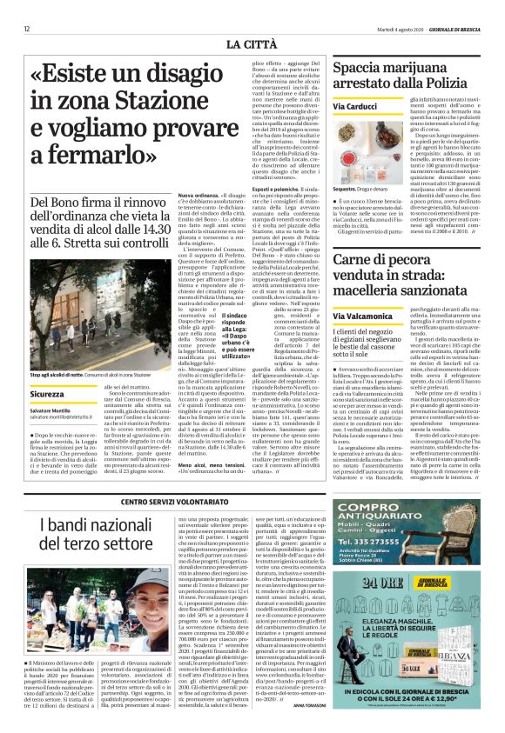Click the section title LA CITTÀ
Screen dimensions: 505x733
coord(252,43)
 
